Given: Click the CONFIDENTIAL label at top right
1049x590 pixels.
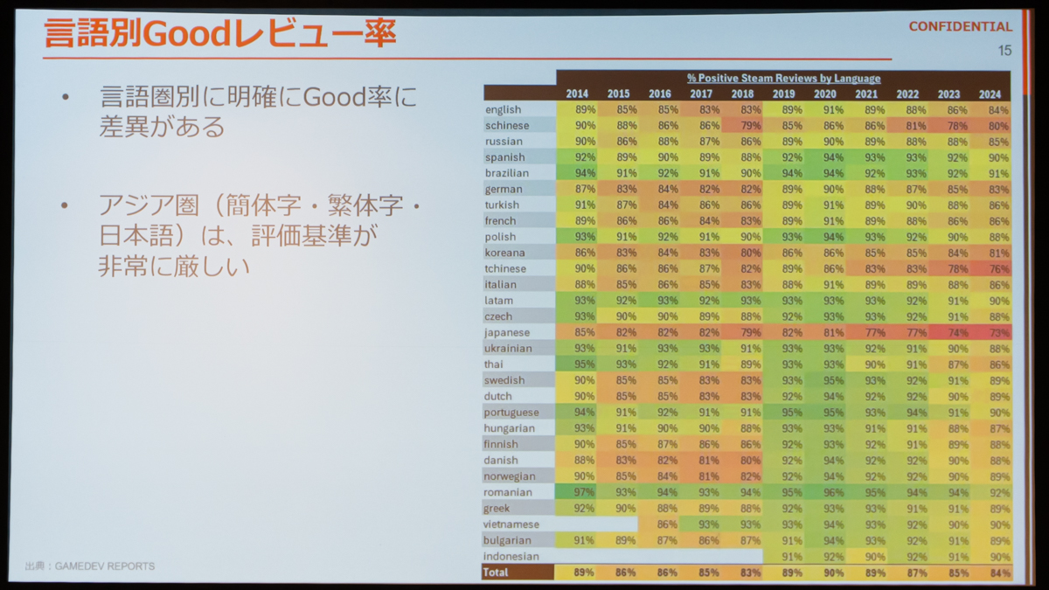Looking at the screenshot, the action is tap(960, 27).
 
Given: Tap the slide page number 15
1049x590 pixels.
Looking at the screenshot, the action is tap(1004, 51).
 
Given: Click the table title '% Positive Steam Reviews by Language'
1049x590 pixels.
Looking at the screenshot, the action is tap(783, 78).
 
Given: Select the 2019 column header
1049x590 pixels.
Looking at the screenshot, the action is tap(783, 94).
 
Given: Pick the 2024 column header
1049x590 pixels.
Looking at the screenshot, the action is tap(990, 94).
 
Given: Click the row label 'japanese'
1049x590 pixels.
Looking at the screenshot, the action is tap(507, 332).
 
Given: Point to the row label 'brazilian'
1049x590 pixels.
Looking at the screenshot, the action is tap(507, 173).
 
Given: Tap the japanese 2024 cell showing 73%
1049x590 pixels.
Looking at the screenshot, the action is tap(998, 333).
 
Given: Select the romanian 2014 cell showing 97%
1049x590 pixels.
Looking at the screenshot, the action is tap(584, 492).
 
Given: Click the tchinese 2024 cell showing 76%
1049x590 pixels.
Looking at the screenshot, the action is tap(998, 269).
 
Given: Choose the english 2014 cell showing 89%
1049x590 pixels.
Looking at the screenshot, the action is tap(585, 109).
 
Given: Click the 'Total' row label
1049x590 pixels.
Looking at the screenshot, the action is tap(495, 573).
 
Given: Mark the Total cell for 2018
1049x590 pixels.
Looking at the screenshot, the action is tap(750, 573).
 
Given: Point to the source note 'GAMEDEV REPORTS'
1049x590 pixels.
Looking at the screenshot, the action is tap(104, 566).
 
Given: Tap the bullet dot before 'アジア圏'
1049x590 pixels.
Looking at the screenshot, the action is tap(65, 205).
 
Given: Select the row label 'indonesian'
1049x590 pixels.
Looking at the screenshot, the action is tap(511, 556).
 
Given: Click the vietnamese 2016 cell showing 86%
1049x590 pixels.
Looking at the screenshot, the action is tap(667, 524).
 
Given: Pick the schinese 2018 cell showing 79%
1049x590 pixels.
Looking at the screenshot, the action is tap(750, 126).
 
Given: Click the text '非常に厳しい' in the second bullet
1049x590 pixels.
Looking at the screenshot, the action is tap(174, 267).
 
